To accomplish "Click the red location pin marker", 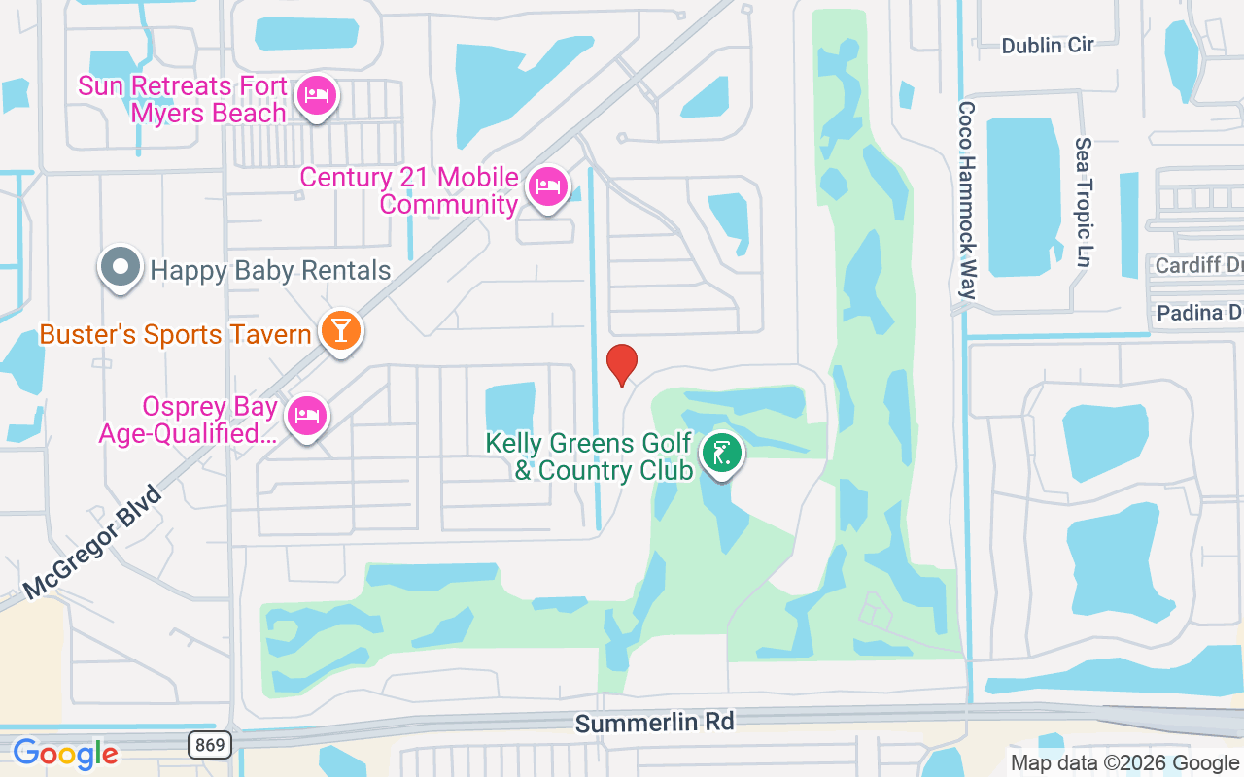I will point(622,364).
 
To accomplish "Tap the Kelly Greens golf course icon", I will point(721,453).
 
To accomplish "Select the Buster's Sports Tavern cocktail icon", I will point(340,331).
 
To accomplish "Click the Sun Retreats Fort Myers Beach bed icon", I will point(316,96).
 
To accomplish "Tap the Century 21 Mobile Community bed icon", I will point(547,187).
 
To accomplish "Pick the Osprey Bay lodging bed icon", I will point(307,416).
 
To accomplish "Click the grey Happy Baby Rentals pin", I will point(121,267).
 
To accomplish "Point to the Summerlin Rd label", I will point(654,723).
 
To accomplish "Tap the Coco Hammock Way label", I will point(966,199).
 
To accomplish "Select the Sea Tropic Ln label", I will point(1084,202).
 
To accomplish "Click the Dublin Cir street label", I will point(1048,45).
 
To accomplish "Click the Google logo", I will point(65,753).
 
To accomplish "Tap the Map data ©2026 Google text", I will point(1125,763).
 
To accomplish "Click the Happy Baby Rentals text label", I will point(270,270).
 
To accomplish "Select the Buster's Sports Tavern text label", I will point(175,335).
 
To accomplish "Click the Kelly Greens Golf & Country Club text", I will point(589,457).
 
